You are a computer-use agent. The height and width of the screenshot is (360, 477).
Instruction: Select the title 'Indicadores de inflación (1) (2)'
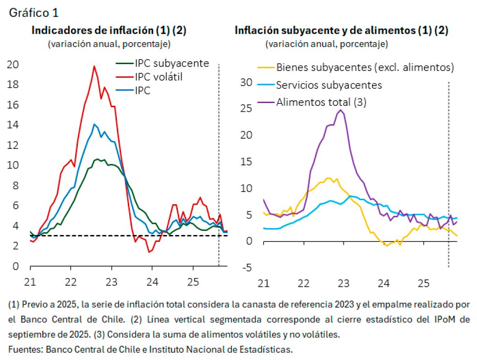[x=109, y=31]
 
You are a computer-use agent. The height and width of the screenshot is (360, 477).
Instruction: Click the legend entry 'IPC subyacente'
[x=172, y=63]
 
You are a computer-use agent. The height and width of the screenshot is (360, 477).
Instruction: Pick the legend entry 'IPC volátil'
[x=159, y=77]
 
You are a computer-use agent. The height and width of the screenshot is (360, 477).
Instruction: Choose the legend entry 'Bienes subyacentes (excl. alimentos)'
[x=365, y=68]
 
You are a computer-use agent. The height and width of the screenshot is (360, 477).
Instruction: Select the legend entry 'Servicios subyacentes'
[x=329, y=85]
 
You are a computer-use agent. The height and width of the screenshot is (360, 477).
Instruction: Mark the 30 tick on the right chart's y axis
[x=247, y=82]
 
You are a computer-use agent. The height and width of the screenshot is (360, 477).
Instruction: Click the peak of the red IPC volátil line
[x=94, y=66]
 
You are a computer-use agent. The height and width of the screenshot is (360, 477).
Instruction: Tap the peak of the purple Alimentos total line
[x=340, y=110]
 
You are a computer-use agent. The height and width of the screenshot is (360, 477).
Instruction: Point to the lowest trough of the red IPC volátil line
[x=149, y=252]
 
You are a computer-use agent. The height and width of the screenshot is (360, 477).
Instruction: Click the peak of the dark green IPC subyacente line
[x=97, y=159]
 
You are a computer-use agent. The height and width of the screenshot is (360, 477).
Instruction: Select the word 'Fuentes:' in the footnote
[x=25, y=349]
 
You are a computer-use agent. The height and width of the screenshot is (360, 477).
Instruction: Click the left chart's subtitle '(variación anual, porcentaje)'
[x=109, y=44]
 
